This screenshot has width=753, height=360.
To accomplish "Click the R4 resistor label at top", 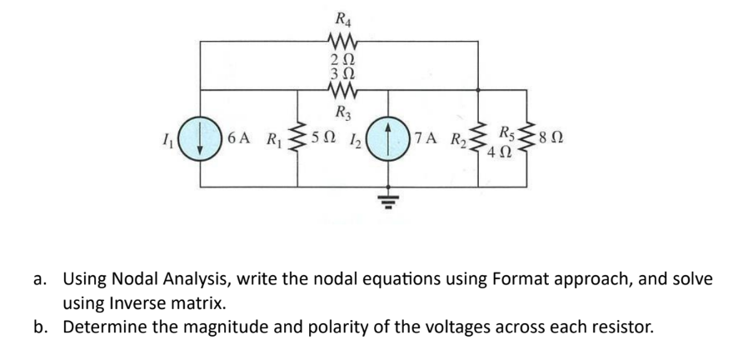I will click(342, 16).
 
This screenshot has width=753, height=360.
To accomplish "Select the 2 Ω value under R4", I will click(342, 57).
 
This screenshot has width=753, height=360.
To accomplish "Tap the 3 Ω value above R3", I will click(342, 73).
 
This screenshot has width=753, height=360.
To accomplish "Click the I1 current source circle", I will click(201, 137).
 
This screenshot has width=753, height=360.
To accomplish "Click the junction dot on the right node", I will click(478, 90).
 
